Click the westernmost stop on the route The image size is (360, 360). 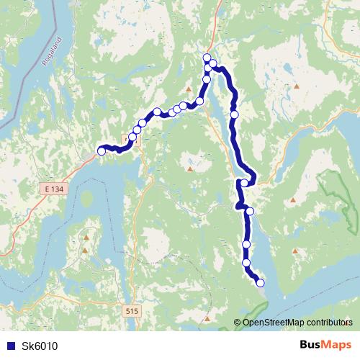pyautogui.click(x=102, y=151)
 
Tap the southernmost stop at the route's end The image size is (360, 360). pyautogui.click(x=260, y=283)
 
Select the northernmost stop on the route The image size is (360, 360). pyautogui.click(x=207, y=58)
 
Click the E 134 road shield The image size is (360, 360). pyautogui.click(x=52, y=188)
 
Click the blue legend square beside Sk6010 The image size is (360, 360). pyautogui.click(x=10, y=346)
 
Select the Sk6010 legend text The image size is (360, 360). pyautogui.click(x=40, y=346)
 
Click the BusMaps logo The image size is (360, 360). pyautogui.click(x=325, y=345)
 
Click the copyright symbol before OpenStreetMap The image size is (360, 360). pyautogui.click(x=238, y=323)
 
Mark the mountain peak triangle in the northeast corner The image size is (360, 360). pyautogui.click(x=297, y=86)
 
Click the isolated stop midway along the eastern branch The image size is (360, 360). pyautogui.click(x=235, y=113)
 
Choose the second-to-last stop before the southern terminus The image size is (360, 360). pyautogui.click(x=247, y=263)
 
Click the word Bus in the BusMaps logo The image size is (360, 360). pyautogui.click(x=310, y=345)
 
